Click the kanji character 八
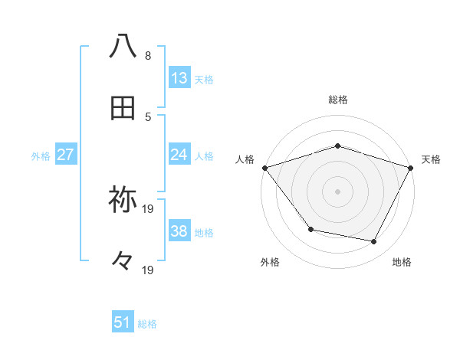click(x=123, y=46)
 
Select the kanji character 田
click(x=123, y=110)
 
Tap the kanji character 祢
click(x=123, y=200)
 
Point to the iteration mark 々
click(x=123, y=262)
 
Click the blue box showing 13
click(x=179, y=78)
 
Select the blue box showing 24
click(x=179, y=155)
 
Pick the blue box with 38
click(x=179, y=231)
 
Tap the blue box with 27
click(x=66, y=155)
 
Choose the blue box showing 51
click(x=123, y=322)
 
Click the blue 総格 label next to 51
click(x=147, y=324)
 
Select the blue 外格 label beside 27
click(x=41, y=156)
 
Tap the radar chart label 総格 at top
click(x=337, y=100)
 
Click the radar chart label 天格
click(x=432, y=159)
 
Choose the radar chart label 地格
click(x=402, y=262)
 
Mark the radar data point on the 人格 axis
click(x=264, y=168)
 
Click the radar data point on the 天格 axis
click(x=411, y=168)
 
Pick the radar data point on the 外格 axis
click(x=310, y=229)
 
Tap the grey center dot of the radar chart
click(x=337, y=191)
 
